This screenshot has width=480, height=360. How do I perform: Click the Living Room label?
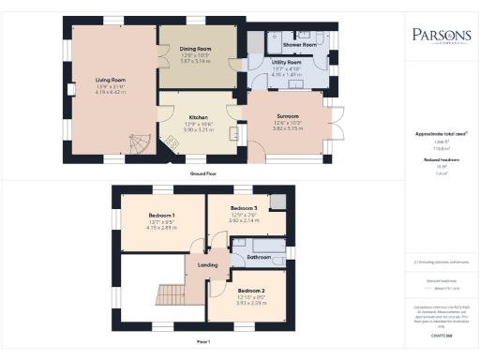pos(109,81)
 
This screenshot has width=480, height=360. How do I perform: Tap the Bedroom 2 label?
pos(248,292)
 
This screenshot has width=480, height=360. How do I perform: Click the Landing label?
pos(208,266)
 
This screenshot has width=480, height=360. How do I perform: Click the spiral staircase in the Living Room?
pos(138,143)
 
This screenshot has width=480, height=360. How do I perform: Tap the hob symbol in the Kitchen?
pos(173,140)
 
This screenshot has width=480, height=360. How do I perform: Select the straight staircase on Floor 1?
pos(172,297)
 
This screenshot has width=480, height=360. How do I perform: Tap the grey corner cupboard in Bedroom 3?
pos(276,202)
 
